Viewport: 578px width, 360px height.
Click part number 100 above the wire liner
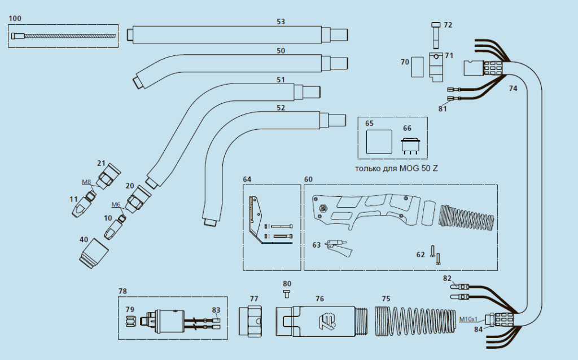click(x=15, y=19)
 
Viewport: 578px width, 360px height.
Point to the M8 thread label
click(x=86, y=182)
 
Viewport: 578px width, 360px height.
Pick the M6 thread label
click(x=116, y=204)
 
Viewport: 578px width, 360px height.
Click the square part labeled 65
click(x=379, y=141)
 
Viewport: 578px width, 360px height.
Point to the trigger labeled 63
click(x=337, y=247)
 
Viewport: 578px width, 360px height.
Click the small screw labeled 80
click(x=287, y=293)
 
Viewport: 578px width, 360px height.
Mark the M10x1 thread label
click(x=468, y=319)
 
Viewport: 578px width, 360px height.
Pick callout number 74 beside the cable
click(x=513, y=89)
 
